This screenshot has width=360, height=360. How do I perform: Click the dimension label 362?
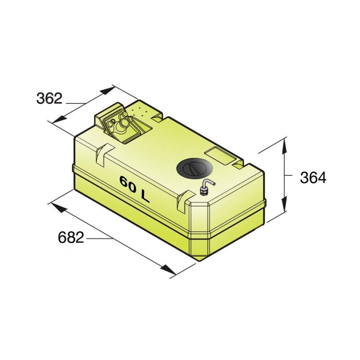[x=49, y=99]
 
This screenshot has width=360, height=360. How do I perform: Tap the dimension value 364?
[x=313, y=177]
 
